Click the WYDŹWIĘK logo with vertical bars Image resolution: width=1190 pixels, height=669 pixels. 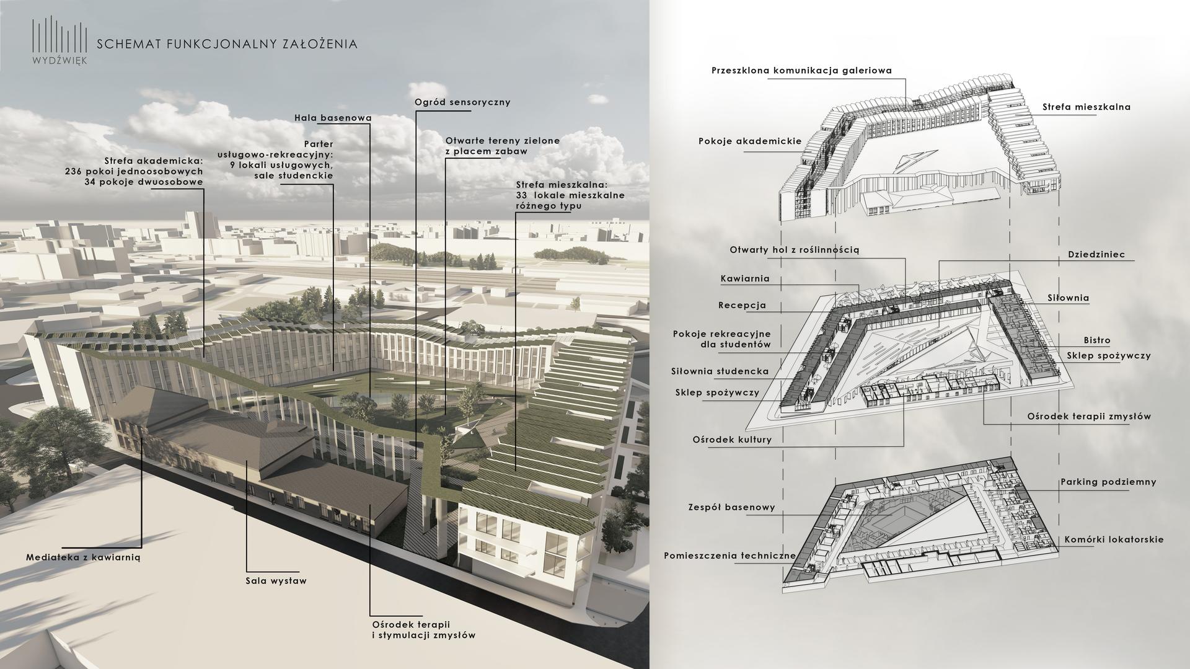[59, 41]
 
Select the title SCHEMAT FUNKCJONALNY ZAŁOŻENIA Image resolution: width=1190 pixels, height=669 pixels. [227, 44]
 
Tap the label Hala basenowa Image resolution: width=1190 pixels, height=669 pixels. [333, 118]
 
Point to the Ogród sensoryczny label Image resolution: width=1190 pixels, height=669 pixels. [462, 102]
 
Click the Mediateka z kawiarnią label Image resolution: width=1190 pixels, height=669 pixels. [84, 557]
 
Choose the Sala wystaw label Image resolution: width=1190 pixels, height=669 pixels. [276, 581]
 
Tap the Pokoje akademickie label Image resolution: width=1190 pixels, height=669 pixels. [750, 141]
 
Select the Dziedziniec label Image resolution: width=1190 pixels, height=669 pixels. [1096, 255]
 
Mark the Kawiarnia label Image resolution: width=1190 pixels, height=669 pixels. [745, 279]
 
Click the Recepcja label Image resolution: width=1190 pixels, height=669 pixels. [742, 305]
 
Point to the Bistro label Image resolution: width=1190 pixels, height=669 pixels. [1097, 340]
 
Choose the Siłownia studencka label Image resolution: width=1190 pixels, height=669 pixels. [720, 371]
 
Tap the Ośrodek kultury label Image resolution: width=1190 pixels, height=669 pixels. [732, 440]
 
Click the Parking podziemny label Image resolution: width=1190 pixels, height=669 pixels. [1108, 482]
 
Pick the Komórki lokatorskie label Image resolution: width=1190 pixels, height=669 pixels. [1114, 539]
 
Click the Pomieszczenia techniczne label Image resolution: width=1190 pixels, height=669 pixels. [729, 556]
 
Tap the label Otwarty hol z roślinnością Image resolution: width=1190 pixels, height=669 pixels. [794, 250]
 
